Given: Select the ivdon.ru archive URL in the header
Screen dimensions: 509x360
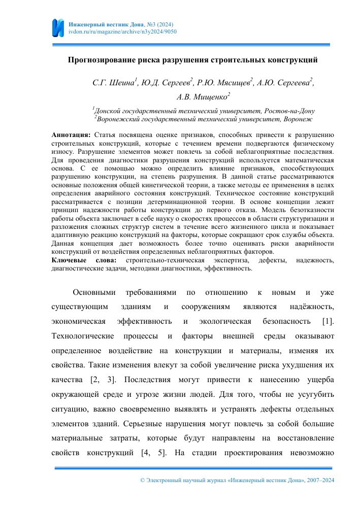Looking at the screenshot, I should pyautogui.click(x=122, y=31).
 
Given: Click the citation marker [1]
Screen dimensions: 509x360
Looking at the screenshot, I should pyautogui.click(x=328, y=321).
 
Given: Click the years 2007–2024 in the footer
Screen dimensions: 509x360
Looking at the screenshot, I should pyautogui.click(x=318, y=480).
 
